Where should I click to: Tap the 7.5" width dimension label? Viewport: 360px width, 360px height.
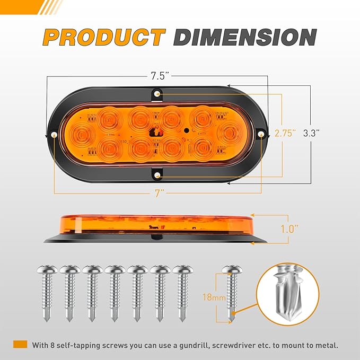(x=157, y=76)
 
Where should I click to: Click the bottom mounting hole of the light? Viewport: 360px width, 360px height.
(x=158, y=174)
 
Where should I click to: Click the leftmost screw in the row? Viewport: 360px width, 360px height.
(x=47, y=292)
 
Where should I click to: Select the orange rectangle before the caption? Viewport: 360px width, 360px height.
(x=20, y=345)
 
